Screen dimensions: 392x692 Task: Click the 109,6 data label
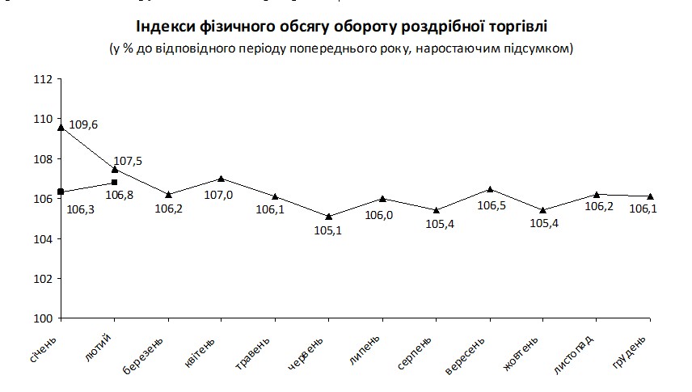[x=84, y=125]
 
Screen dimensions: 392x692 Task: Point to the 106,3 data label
[x=80, y=209]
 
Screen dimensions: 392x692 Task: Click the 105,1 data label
[x=328, y=231]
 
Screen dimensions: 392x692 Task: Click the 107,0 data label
[x=221, y=195]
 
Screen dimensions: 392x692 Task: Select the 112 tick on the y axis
[x=44, y=79]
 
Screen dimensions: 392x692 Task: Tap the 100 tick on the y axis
[x=44, y=318]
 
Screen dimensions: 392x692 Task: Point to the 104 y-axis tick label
[x=44, y=239]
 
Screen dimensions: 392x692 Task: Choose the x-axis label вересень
[x=468, y=356]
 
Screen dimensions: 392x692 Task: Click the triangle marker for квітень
[x=221, y=179]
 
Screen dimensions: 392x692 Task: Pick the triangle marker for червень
[x=328, y=216]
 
